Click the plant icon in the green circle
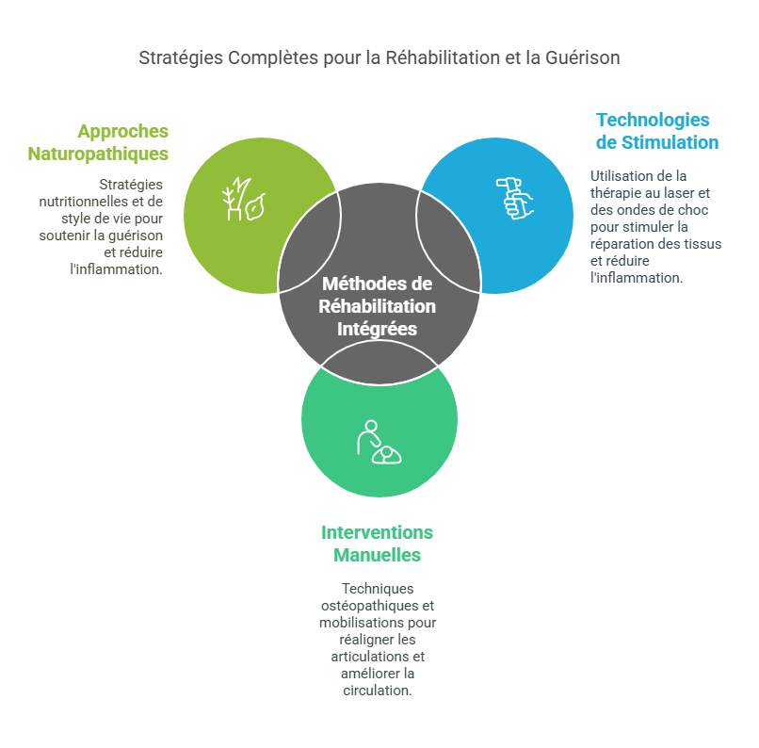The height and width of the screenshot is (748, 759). coord(243,199)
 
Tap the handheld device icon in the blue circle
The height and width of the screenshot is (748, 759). coord(513,198)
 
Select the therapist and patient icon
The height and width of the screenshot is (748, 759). coord(379,442)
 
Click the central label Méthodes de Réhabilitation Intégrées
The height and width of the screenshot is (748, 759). coord(377,306)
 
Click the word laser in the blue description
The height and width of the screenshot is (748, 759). coord(675,192)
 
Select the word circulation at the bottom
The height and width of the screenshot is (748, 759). coord(377,691)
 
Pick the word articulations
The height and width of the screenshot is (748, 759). coord(365,657)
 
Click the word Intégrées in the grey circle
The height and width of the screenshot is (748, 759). coord(377,329)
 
